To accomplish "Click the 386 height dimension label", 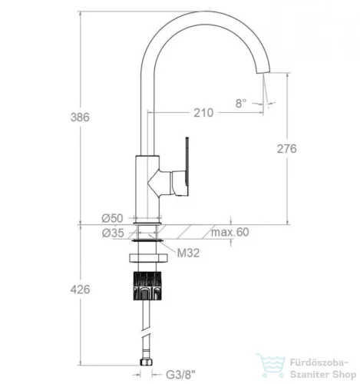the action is coord(80,118).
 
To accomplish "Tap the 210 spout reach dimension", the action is coord(203,113).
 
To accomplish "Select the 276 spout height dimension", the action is coord(287,149).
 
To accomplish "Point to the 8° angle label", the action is coord(241,104).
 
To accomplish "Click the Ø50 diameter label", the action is coord(112,218).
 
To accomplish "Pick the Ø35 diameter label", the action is coord(113,233).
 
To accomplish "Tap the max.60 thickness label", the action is coord(230,232).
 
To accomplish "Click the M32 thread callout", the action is coord(188,253).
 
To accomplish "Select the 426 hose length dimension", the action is coord(80,290).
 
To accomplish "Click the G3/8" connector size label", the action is coord(180,375).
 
